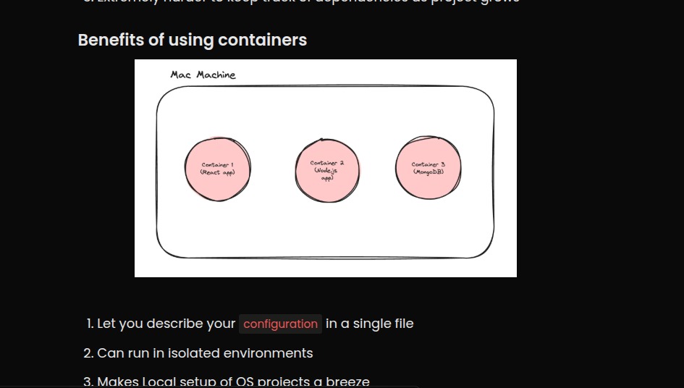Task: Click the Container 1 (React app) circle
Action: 217,169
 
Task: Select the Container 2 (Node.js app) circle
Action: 327,171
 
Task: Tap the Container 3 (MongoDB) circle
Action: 428,168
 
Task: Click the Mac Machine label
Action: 203,75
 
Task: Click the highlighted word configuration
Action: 280,324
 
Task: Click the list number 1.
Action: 90,324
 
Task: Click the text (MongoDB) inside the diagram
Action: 428,172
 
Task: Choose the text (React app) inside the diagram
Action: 217,172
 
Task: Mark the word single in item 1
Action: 369,324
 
